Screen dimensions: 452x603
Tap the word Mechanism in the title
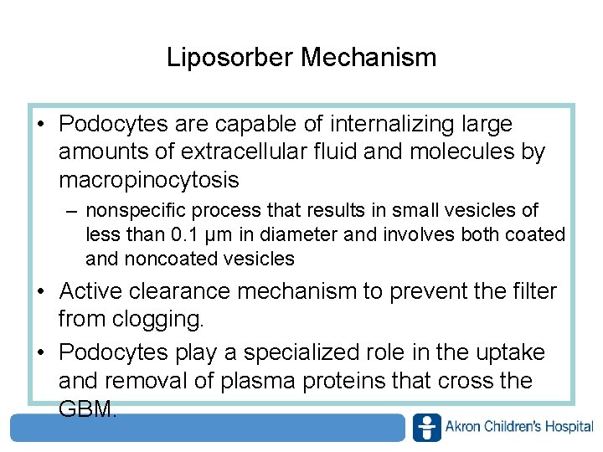coord(368,58)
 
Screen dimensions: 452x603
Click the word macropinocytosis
coord(149,179)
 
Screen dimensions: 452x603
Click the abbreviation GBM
coord(85,408)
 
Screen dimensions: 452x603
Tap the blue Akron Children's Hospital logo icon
coord(427,427)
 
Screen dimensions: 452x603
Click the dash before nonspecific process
coord(73,211)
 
